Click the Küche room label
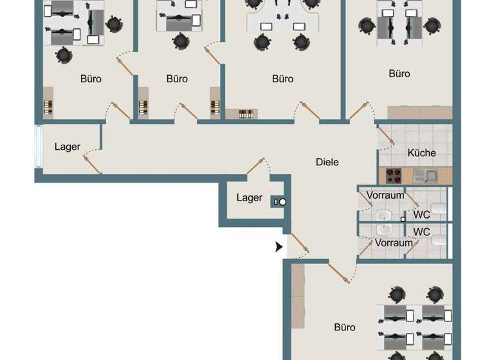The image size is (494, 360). (421, 153)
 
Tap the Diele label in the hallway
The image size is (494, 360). (327, 162)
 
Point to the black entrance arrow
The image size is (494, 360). (279, 246)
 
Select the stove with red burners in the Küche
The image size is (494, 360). (394, 174)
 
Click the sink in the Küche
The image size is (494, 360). (425, 174)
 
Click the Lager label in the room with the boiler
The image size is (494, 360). (249, 197)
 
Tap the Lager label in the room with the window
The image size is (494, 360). (68, 147)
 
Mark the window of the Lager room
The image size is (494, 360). (39, 147)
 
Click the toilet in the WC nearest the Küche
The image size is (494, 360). (439, 209)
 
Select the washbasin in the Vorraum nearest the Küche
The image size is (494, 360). (385, 215)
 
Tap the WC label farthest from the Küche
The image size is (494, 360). (421, 231)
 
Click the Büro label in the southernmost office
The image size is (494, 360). (345, 327)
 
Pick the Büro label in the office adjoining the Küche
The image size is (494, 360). (399, 74)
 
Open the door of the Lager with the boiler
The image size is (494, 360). (256, 165)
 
